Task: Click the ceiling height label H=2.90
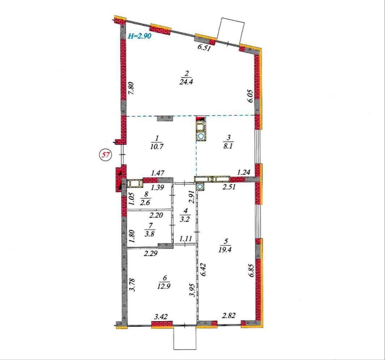[140, 36]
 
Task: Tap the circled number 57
[105, 155]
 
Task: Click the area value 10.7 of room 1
[157, 146]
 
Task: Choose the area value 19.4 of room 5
[225, 250]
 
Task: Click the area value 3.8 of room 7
[150, 234]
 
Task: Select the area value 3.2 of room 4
[185, 219]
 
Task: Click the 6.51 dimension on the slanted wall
[205, 48]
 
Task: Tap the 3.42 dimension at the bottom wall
[161, 317]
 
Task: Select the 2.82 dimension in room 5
[228, 315]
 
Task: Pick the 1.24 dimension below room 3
[243, 172]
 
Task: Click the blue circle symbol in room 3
[201, 137]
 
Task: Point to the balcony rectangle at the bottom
[185, 338]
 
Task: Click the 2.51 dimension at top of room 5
[229, 187]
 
